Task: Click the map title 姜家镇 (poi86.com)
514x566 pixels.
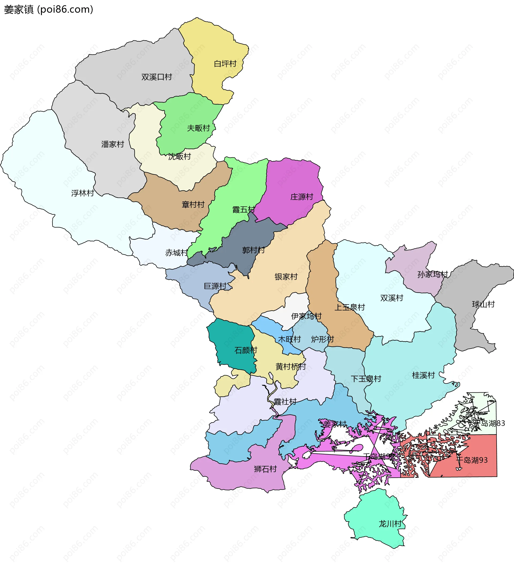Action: tap(48, 10)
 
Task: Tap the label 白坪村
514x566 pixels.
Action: tap(225, 64)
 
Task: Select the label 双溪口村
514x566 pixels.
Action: tap(156, 77)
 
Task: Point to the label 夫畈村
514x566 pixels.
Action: tap(198, 128)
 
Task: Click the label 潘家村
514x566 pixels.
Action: tap(113, 144)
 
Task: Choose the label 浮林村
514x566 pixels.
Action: tap(82, 193)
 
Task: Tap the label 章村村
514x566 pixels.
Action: tap(193, 205)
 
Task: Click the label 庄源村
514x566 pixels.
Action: tap(302, 197)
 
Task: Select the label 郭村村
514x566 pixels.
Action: tap(253, 250)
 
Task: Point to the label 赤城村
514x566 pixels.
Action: tap(176, 253)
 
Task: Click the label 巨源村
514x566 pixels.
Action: tap(215, 286)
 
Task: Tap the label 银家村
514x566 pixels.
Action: tap(286, 277)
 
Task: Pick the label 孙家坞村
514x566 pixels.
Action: tap(433, 274)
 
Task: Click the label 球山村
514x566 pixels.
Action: tap(483, 304)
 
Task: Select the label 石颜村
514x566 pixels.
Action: tap(246, 350)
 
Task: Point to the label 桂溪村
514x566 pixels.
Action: tap(423, 375)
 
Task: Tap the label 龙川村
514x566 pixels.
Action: tap(390, 524)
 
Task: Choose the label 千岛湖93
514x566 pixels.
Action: tap(472, 460)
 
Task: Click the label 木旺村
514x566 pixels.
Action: tap(289, 339)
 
